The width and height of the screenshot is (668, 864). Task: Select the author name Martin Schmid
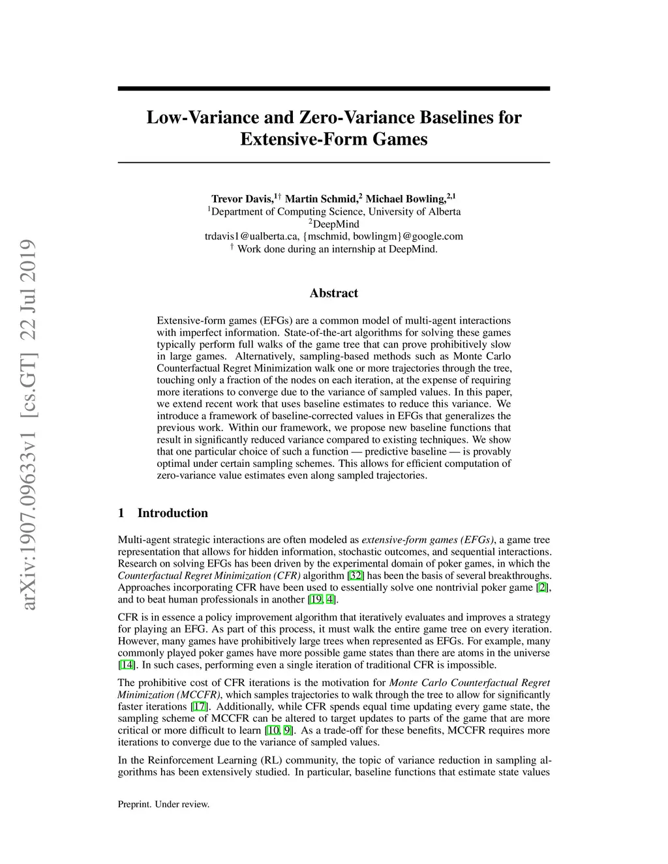(x=321, y=199)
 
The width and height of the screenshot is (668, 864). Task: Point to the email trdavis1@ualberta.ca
(x=252, y=236)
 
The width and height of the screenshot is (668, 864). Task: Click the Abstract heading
(x=334, y=293)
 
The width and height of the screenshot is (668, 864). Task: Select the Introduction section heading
(x=172, y=513)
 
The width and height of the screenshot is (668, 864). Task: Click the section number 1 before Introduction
(x=121, y=513)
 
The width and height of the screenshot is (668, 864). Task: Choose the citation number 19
(x=316, y=600)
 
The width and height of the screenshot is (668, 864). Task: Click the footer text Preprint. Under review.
(x=164, y=805)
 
